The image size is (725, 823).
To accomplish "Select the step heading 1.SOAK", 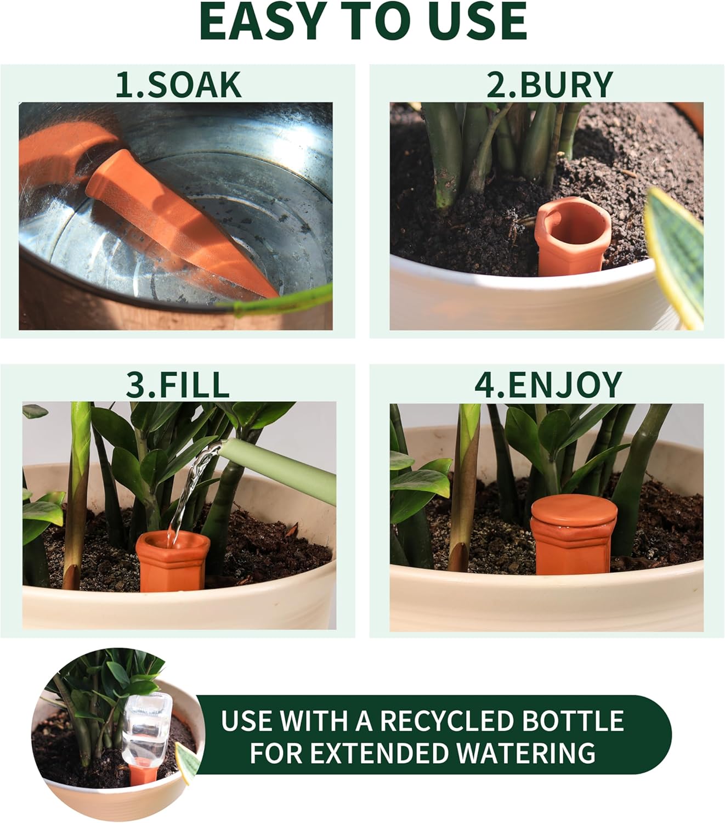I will [178, 85].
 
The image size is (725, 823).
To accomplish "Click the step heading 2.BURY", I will [550, 85].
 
